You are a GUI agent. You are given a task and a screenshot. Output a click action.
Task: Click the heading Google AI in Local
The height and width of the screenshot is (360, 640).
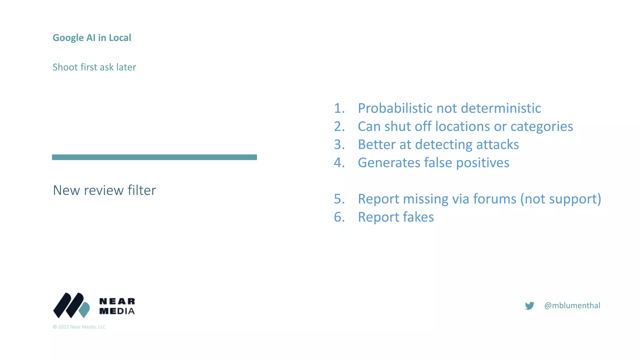[92, 38]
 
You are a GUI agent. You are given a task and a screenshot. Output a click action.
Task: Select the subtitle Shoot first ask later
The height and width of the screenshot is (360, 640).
[94, 67]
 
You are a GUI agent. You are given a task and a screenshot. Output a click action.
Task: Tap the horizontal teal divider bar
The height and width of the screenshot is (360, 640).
[154, 157]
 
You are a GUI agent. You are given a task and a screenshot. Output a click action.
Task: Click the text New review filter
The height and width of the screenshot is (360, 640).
[104, 190]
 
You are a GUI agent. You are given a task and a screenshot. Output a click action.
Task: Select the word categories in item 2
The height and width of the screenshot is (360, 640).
[542, 127]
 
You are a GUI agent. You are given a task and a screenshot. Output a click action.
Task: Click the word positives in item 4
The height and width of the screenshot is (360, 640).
[482, 163]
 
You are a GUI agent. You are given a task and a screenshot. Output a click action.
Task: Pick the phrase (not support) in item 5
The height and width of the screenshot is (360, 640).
[561, 199]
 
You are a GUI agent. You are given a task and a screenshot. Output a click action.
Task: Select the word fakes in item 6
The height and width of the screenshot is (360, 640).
[418, 217]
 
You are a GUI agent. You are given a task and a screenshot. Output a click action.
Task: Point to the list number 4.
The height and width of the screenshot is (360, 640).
[339, 163]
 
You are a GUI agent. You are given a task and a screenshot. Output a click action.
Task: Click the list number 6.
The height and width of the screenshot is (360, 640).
[339, 217]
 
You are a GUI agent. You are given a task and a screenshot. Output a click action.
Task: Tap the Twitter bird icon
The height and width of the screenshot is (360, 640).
[529, 306]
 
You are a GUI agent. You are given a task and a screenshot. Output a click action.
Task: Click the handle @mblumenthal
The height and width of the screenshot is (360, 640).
[572, 306]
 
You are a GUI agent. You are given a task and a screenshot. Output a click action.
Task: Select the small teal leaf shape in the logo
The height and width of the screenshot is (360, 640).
[84, 310]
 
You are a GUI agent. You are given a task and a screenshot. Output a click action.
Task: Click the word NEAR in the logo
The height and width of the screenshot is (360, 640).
[117, 301]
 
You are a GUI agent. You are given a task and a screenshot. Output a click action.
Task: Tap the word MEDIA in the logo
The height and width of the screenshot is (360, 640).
[117, 311]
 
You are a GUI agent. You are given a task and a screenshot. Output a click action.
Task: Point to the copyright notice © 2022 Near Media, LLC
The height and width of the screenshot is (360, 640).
[79, 327]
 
